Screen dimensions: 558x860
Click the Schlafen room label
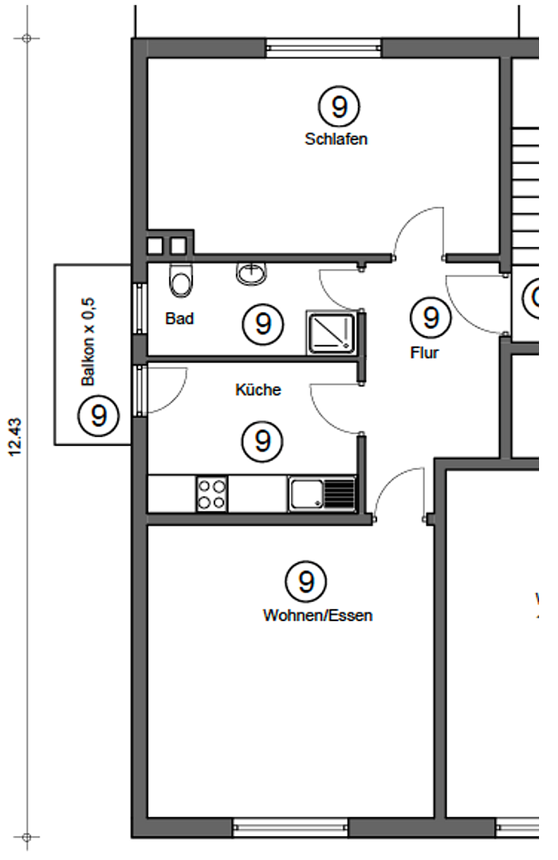click(x=336, y=139)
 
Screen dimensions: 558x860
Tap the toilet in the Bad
click(x=181, y=279)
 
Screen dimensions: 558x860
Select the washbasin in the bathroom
click(x=252, y=273)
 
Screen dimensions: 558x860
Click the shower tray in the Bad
click(x=331, y=333)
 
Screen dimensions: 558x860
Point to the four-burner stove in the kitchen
click(x=211, y=494)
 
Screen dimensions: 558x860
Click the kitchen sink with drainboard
click(x=322, y=494)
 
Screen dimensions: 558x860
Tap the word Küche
click(x=258, y=389)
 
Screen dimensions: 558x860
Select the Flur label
click(x=425, y=352)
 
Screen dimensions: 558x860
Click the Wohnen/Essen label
click(x=317, y=616)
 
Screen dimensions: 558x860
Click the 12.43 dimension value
click(x=15, y=436)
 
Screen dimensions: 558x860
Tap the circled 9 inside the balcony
click(x=99, y=416)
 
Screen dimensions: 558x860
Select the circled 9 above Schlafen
click(x=339, y=107)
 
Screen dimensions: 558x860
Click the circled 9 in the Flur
click(x=431, y=318)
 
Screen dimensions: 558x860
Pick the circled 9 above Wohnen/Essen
click(x=306, y=581)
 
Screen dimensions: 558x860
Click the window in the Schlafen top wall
click(x=324, y=49)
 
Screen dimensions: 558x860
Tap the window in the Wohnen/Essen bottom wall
click(x=290, y=827)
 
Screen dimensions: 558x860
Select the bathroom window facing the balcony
click(x=140, y=308)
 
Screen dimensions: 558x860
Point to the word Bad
click(x=179, y=319)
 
